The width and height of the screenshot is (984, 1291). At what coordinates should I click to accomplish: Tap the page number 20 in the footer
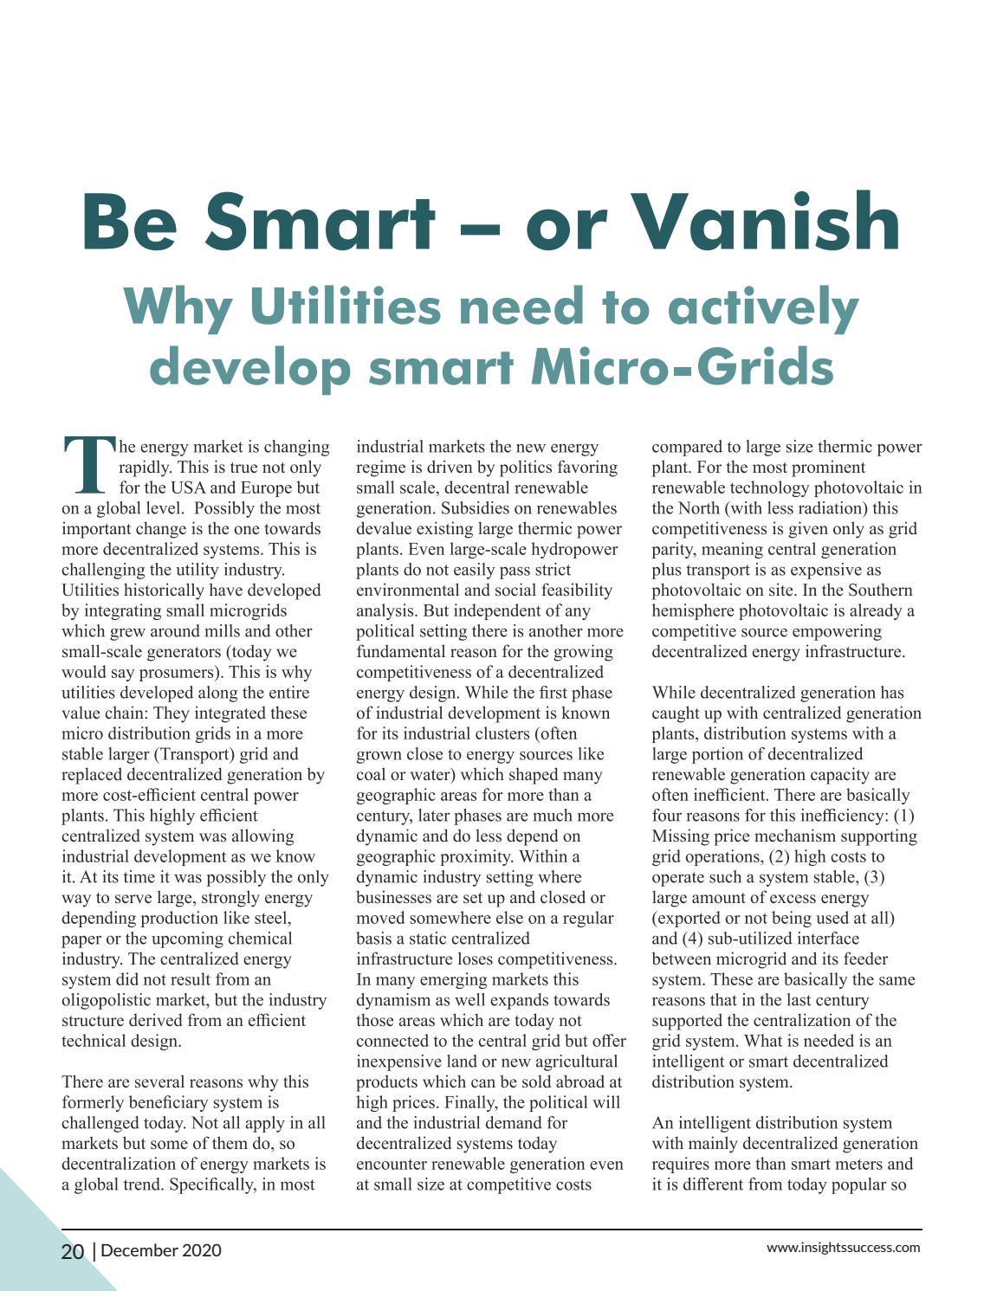pyautogui.click(x=73, y=1251)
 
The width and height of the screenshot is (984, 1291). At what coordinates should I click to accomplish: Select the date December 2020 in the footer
pyautogui.click(x=161, y=1250)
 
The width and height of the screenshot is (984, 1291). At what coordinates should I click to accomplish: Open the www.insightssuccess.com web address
pyautogui.click(x=843, y=1248)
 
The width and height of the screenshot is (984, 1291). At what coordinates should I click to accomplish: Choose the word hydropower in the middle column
pyautogui.click(x=576, y=549)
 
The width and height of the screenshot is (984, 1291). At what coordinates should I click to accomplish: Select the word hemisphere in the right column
pyautogui.click(x=695, y=610)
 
